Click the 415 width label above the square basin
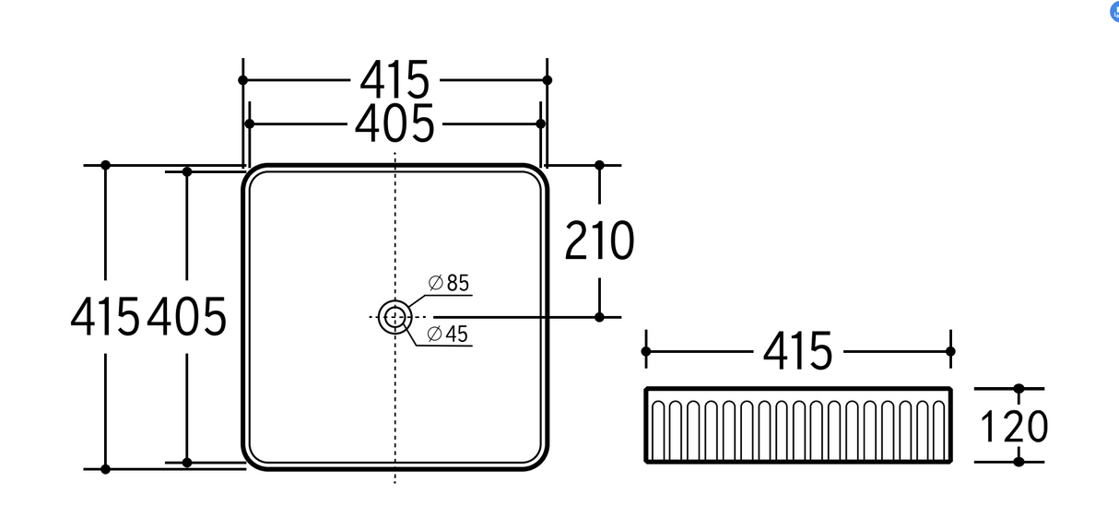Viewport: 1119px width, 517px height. tap(395, 80)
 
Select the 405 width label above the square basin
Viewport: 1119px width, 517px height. tap(395, 123)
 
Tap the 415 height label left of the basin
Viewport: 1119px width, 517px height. tap(105, 318)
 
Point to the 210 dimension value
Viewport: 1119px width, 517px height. tap(599, 241)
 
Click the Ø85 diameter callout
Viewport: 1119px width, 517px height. tap(450, 284)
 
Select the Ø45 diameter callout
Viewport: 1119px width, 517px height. tap(450, 334)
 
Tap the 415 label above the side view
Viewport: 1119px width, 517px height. tap(797, 351)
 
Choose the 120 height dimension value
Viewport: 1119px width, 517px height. tap(1014, 427)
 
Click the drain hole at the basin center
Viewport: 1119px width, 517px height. tap(395, 317)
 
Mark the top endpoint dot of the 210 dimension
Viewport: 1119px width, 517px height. tap(599, 165)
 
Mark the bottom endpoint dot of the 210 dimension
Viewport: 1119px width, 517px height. tap(599, 317)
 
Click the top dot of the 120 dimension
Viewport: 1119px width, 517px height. tap(1019, 390)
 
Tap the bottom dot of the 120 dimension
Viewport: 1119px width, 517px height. tap(1019, 461)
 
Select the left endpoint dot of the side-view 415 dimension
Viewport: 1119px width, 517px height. tap(646, 351)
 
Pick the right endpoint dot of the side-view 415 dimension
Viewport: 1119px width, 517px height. tap(950, 351)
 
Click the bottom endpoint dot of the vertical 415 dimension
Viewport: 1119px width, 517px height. tap(105, 469)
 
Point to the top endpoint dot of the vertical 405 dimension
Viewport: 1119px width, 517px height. tap(187, 171)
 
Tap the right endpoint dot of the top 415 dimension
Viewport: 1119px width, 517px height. tap(548, 80)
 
